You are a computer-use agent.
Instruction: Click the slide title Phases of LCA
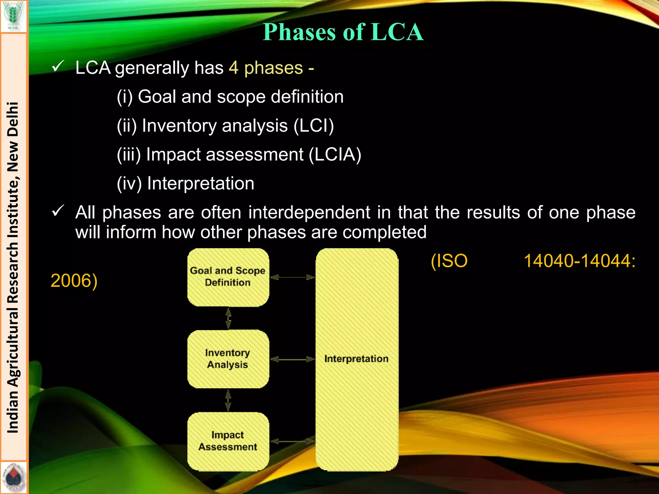(x=343, y=32)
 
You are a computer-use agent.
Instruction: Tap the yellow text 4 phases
(x=266, y=68)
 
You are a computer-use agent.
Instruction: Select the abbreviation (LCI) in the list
(x=314, y=125)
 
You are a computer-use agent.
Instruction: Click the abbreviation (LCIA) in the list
(x=335, y=154)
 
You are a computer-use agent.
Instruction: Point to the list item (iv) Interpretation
(x=185, y=183)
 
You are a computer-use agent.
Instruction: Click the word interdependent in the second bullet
(x=309, y=213)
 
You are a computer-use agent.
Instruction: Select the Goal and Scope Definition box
(x=228, y=277)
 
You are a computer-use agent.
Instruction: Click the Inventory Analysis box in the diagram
(x=228, y=359)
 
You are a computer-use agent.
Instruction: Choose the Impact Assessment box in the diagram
(x=228, y=441)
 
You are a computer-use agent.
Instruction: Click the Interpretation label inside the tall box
(x=356, y=359)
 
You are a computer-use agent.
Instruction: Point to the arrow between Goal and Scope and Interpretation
(x=292, y=277)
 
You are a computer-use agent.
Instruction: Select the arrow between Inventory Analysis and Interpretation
(x=292, y=359)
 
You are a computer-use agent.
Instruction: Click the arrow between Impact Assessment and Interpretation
(x=292, y=441)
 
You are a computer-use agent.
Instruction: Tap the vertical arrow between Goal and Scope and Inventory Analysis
(x=228, y=318)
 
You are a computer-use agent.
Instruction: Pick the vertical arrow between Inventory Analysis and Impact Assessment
(x=228, y=400)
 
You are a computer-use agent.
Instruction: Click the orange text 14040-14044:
(x=580, y=261)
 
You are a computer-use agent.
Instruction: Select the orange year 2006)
(x=74, y=281)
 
